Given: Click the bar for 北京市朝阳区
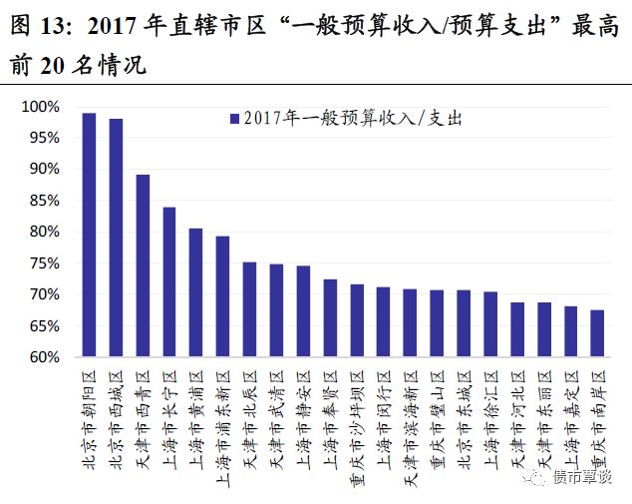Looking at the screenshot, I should [x=89, y=235].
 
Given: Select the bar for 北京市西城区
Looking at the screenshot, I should [x=116, y=238].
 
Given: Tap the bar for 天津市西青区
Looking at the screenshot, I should [x=143, y=265].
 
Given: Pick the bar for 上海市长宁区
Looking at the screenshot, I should [x=169, y=281].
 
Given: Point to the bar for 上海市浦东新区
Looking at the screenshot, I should [x=222, y=296].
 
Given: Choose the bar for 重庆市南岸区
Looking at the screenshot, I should [x=597, y=333].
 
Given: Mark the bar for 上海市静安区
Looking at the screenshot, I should [x=303, y=311].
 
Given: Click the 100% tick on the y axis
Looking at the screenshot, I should [x=41, y=107].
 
